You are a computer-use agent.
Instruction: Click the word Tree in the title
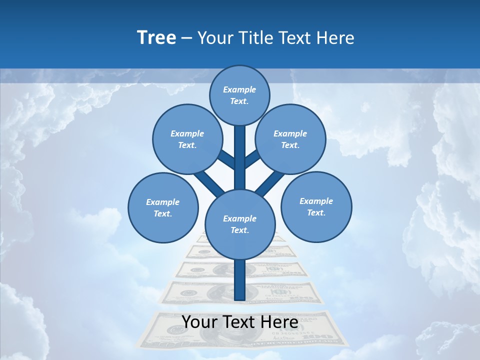156,37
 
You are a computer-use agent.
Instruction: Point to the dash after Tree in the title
186,38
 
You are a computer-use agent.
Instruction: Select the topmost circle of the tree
239,95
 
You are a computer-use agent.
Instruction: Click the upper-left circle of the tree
187,139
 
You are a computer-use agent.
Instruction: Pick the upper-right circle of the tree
290,139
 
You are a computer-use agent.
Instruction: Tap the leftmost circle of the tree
163,207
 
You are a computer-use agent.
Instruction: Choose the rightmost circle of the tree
316,206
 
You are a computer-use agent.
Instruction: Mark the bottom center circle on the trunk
239,224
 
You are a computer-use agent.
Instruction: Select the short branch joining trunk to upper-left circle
227,160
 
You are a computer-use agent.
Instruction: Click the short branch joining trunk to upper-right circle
251,160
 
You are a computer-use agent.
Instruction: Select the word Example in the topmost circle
239,89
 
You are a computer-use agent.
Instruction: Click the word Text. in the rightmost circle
316,212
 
